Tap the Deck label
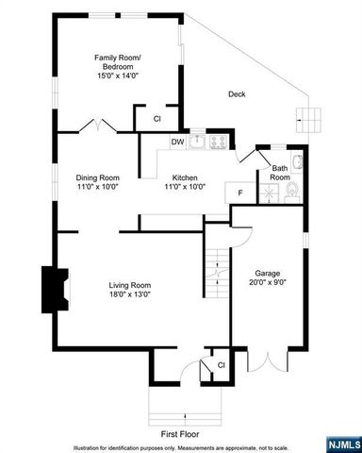tap(237, 93)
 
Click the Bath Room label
tap(280, 173)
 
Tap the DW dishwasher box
tap(177, 143)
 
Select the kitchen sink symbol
tap(197, 143)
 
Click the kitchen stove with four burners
tap(219, 143)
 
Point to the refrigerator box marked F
tap(240, 193)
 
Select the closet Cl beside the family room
tap(157, 118)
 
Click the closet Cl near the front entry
tap(221, 363)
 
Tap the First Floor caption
tap(181, 433)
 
